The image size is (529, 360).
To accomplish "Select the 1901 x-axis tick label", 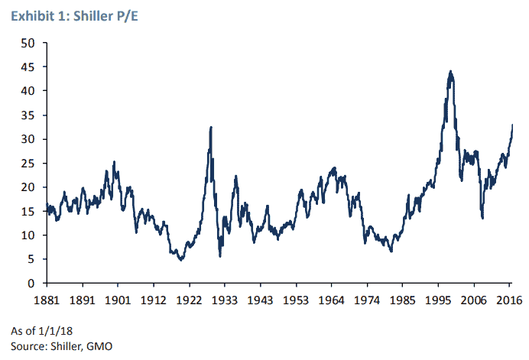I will pyautogui.click(x=118, y=299).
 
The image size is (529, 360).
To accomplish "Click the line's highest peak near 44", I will pyautogui.click(x=450, y=71).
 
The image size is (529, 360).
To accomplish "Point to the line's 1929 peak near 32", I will pyautogui.click(x=210, y=127).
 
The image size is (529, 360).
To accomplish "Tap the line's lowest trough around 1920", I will pyautogui.click(x=180, y=260).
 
